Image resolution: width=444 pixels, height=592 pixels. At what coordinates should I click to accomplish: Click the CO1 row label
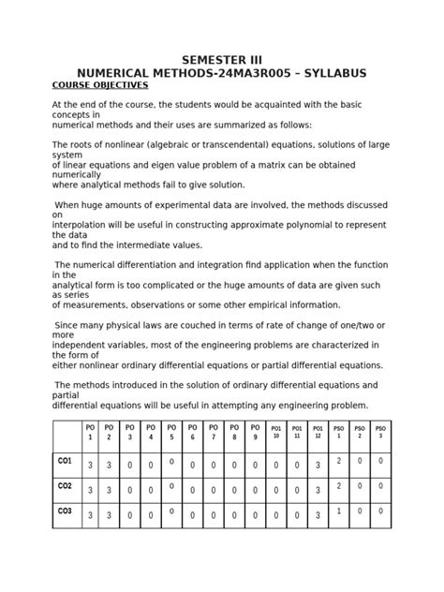65,461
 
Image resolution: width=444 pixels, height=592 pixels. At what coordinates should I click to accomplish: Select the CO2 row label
65,487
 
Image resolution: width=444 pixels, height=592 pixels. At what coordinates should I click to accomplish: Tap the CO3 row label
65,512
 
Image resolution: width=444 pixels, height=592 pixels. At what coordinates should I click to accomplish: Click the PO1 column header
91,433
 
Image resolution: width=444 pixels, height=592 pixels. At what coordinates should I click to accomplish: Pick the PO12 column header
318,432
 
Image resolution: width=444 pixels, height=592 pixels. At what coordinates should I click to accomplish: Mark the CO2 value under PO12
318,490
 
